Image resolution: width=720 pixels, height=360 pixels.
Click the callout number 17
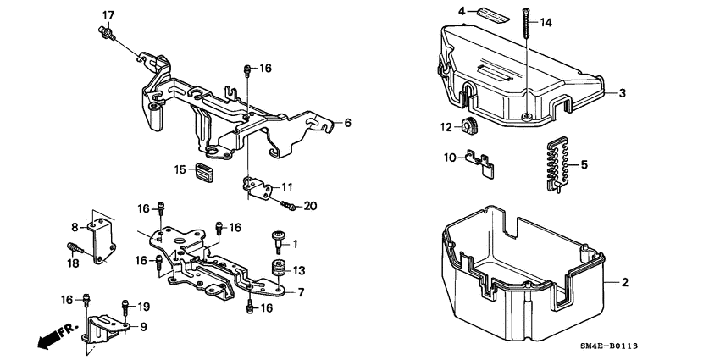pyautogui.click(x=108, y=15)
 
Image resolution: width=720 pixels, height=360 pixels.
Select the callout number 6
pyautogui.click(x=347, y=123)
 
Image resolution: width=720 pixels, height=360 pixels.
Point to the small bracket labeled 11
pyautogui.click(x=256, y=186)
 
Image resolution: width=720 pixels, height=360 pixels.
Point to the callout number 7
pyautogui.click(x=300, y=292)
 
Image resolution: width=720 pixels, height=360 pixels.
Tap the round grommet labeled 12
pyautogui.click(x=468, y=128)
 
